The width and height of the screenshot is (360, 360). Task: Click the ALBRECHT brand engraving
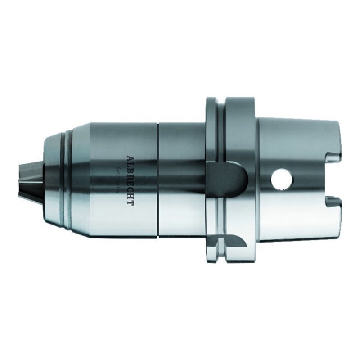[x=130, y=180]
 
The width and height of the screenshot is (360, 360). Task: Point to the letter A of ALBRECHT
[x=130, y=158]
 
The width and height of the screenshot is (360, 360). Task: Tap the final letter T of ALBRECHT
[x=130, y=203]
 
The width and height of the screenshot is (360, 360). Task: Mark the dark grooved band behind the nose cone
[x=67, y=180]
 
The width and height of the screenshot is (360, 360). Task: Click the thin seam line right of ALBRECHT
[x=158, y=180]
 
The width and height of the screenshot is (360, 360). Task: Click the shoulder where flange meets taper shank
[x=257, y=135]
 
